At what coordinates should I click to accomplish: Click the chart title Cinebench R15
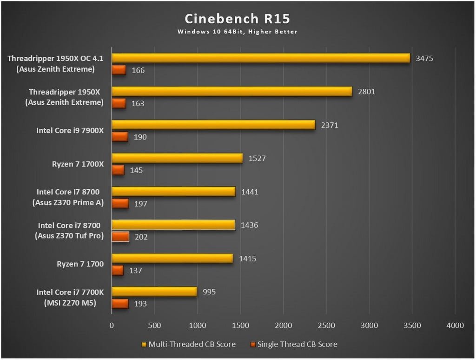click(237, 19)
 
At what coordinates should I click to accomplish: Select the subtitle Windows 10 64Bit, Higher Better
click(237, 32)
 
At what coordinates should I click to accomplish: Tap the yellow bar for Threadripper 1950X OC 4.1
click(261, 58)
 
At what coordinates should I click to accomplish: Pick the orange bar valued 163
click(119, 103)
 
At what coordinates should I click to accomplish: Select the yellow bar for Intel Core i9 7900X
click(213, 125)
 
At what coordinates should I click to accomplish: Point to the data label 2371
click(329, 125)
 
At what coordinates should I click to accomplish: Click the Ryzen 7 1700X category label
click(78, 164)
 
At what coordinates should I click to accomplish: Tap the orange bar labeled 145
click(118, 170)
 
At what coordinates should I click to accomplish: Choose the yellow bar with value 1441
click(173, 192)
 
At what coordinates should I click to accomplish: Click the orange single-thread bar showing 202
click(120, 237)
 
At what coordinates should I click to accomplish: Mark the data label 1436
click(249, 225)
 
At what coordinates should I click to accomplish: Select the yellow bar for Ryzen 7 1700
click(172, 259)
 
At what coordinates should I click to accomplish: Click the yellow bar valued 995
click(154, 292)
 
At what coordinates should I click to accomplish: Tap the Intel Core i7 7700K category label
click(70, 298)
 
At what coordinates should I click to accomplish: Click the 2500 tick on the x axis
click(326, 326)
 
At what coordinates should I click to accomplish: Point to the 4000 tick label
click(456, 326)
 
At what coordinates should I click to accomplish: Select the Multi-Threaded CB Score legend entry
click(188, 345)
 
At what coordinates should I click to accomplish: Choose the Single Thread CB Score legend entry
click(293, 345)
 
